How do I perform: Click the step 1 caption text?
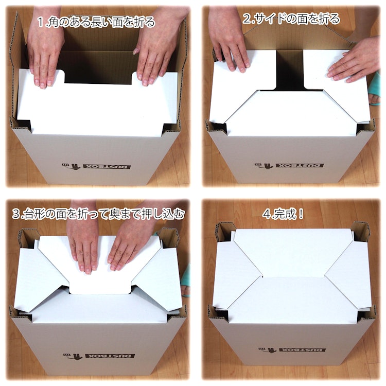click(x=96, y=22)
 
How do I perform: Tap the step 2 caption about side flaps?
click(x=291, y=19)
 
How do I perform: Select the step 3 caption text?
click(x=98, y=214)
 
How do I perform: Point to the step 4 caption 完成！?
click(x=283, y=214)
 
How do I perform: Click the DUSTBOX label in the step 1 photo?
click(x=96, y=167)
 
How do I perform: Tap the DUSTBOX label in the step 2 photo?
click(x=289, y=165)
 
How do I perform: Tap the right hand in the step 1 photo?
click(x=157, y=47)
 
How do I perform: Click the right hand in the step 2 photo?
click(x=355, y=62)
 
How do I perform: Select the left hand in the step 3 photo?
click(x=84, y=241)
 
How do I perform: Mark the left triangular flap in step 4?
click(x=236, y=276)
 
